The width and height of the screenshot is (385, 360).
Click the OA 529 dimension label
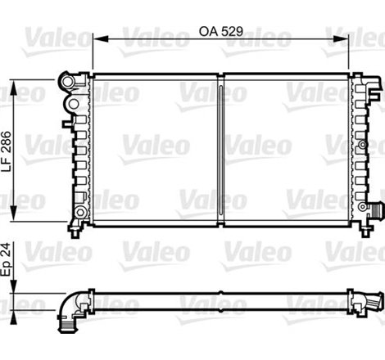(220, 32)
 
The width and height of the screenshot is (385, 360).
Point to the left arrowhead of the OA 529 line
(95, 38)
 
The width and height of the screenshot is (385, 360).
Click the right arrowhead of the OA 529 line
(348, 38)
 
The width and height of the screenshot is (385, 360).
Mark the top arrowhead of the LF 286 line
(24, 79)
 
